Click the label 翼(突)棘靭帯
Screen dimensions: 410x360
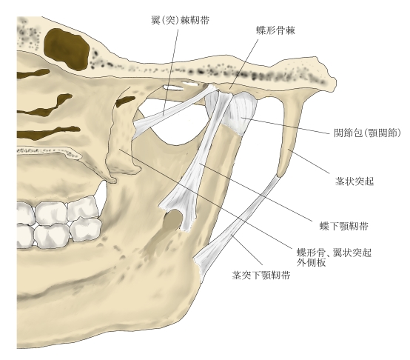pos(181,20)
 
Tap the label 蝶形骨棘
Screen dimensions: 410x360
pos(275,30)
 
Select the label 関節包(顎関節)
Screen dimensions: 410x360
pos(367,133)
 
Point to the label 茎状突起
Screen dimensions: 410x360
pos(354,181)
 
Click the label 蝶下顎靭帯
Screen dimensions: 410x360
pos(344,226)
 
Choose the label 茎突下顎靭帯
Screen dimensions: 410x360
pos(261,276)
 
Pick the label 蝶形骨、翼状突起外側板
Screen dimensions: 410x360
pos(334,258)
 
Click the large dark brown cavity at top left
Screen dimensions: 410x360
pos(67,49)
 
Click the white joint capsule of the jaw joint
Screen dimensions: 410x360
pos(242,113)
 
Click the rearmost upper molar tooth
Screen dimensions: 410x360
pos(83,208)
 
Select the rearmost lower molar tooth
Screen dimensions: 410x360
pos(87,231)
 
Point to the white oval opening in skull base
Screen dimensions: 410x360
pos(172,87)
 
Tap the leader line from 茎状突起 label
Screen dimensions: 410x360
pos(309,161)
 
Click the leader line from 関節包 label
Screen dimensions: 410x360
pos(286,126)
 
